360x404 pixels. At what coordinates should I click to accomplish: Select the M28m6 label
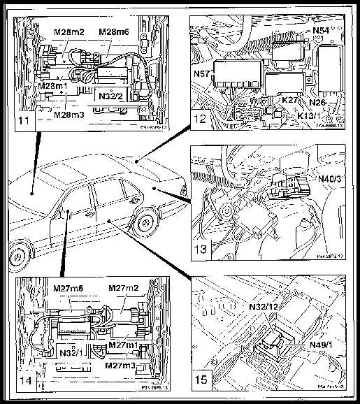113,31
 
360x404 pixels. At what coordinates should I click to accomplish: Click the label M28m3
71,115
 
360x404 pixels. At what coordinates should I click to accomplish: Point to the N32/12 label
267,305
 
